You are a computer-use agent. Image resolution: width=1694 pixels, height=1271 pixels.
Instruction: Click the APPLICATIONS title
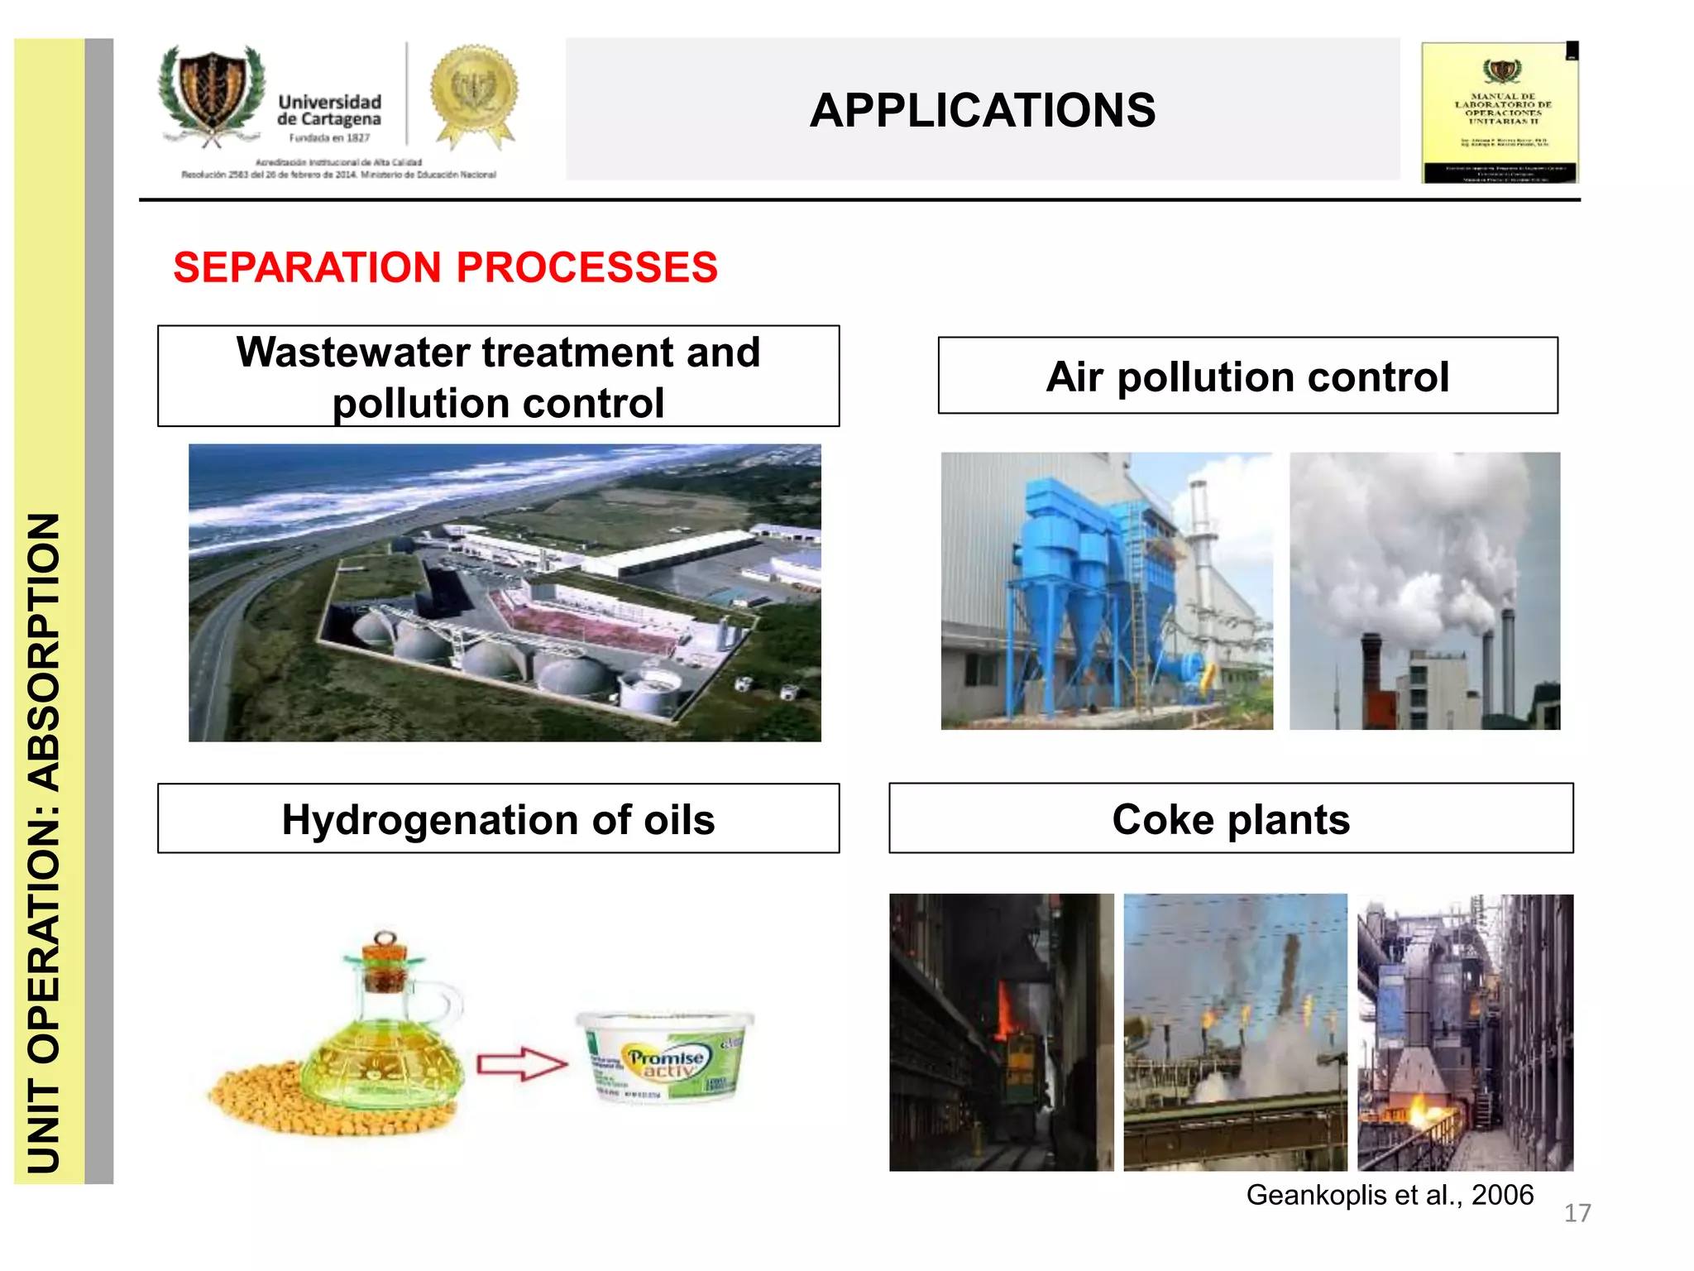(x=982, y=111)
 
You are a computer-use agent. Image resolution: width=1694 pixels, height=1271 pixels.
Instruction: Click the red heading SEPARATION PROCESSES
(x=445, y=267)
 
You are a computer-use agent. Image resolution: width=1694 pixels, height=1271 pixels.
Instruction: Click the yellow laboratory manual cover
(x=1500, y=113)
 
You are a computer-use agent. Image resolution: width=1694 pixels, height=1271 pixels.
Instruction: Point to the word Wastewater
(x=353, y=353)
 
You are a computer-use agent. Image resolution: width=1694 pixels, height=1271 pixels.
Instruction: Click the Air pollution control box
(x=1247, y=377)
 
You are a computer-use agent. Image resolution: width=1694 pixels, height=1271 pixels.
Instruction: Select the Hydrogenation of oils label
(x=498, y=819)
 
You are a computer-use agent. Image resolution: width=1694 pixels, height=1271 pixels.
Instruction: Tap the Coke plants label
(x=1230, y=819)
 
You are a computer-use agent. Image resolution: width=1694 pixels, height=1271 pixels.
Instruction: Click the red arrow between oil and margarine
(x=521, y=1064)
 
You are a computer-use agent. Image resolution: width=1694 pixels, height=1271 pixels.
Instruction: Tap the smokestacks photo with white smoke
(x=1424, y=591)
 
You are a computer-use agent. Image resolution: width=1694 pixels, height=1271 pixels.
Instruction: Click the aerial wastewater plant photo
(x=505, y=592)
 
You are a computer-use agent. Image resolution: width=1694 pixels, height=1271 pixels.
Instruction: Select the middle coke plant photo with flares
(x=1235, y=1032)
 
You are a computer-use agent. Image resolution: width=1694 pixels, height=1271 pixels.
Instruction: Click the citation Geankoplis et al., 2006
(x=1390, y=1195)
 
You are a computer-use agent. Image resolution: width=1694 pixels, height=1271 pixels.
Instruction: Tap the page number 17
(x=1577, y=1213)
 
